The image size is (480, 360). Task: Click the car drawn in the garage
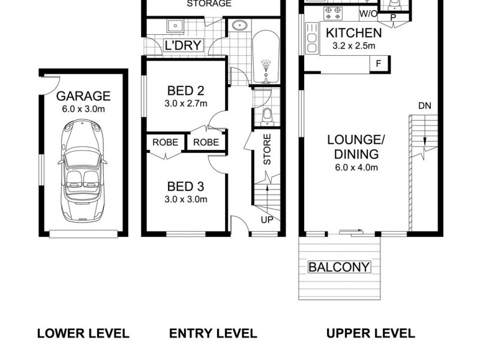pyautogui.click(x=83, y=170)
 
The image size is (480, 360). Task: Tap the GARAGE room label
pyautogui.click(x=83, y=96)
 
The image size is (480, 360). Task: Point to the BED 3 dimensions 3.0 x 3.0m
pyautogui.click(x=186, y=199)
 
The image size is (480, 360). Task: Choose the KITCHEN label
pyautogui.click(x=353, y=33)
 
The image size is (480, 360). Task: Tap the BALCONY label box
pyautogui.click(x=340, y=267)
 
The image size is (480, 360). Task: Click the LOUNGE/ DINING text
pyautogui.click(x=356, y=147)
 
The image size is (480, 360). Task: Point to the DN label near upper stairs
pyautogui.click(x=425, y=106)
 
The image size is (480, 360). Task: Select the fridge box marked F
pyautogui.click(x=379, y=64)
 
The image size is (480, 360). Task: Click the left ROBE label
pyautogui.click(x=165, y=143)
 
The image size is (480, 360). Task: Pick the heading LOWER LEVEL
pyautogui.click(x=83, y=334)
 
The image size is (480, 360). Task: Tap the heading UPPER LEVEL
pyautogui.click(x=370, y=334)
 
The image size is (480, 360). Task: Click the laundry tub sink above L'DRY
pyautogui.click(x=176, y=25)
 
